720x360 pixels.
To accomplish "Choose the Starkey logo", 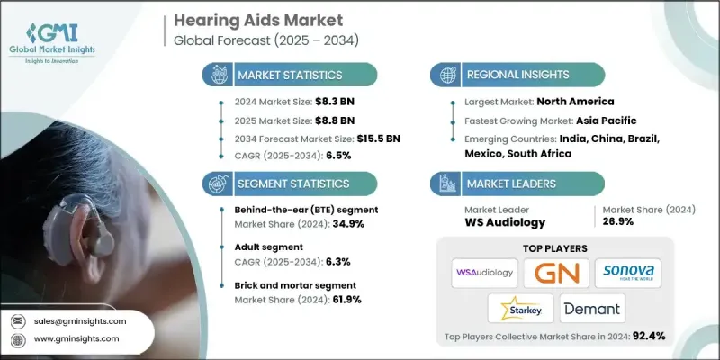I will (x=520, y=309).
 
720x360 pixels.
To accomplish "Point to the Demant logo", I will (x=592, y=309).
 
